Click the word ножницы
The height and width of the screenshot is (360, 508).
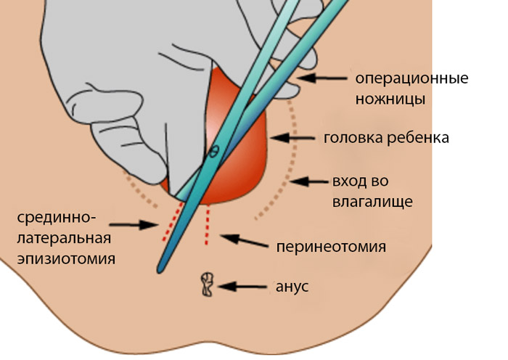click(x=389, y=98)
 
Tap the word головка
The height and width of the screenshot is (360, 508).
click(x=356, y=138)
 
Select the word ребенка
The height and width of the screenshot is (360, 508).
click(x=419, y=138)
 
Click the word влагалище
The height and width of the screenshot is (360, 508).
click(x=372, y=201)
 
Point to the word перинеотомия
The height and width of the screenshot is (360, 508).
click(x=330, y=246)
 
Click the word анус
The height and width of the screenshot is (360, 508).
click(x=292, y=286)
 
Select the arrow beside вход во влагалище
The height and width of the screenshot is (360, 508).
click(x=311, y=181)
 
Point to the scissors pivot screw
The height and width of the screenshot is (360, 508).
click(x=214, y=152)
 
